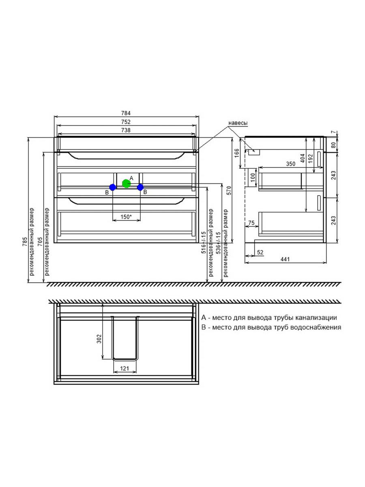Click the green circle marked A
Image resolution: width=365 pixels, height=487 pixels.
(126, 183)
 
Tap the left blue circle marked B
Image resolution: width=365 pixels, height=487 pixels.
(113, 187)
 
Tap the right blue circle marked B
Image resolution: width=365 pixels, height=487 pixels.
(140, 187)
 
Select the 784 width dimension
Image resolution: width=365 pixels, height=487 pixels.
(126, 113)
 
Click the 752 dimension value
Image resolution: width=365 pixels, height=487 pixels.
(126, 122)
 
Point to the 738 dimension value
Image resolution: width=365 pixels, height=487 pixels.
(126, 130)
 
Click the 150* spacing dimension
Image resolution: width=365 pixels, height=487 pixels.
(126, 217)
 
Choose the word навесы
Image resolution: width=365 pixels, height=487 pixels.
(238, 123)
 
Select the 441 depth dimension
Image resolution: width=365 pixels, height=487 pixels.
(285, 259)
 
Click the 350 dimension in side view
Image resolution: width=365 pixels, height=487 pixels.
(290, 164)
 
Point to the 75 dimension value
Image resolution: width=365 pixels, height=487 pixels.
(251, 222)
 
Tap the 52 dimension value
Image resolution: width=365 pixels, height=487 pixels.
(260, 252)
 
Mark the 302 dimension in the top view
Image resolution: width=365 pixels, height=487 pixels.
(99, 339)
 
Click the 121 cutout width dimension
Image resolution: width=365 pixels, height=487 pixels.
(125, 368)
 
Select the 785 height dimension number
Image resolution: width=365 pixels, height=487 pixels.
(25, 241)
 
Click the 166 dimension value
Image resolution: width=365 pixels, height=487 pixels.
(237, 153)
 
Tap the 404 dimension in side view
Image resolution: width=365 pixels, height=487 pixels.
(303, 158)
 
